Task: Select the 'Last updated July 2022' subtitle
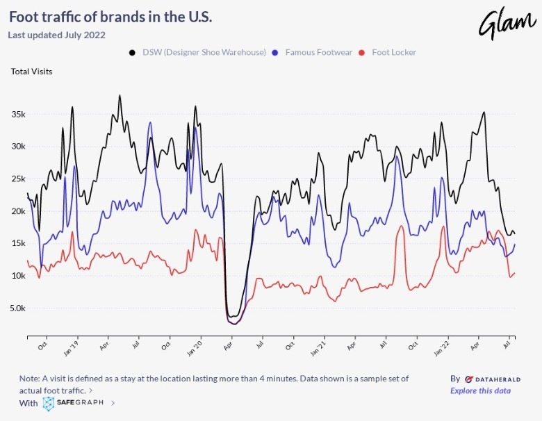click(56, 35)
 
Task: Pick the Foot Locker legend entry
click(393, 52)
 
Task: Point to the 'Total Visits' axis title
click(31, 71)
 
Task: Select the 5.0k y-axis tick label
click(16, 308)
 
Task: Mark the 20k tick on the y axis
click(17, 211)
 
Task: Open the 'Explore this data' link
click(480, 390)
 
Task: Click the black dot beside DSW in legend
click(132, 52)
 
